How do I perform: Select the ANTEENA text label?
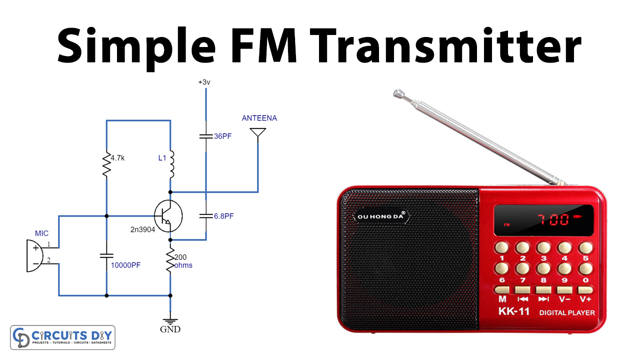259,118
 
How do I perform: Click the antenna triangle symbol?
258,133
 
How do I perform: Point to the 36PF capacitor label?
223,136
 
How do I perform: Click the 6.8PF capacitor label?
223,216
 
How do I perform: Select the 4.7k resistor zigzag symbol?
106,165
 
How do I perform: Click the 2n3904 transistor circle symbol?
168,215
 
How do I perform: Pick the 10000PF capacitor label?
125,265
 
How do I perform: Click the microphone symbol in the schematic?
34,255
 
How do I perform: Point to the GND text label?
170,329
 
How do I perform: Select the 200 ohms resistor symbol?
170,260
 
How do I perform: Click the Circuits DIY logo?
63,337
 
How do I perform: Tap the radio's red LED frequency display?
543,220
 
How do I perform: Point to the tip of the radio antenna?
398,93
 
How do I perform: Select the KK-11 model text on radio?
513,311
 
